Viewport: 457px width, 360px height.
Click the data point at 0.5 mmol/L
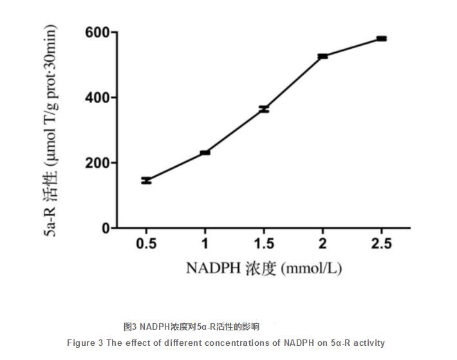(146, 180)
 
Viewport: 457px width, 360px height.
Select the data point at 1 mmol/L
(205, 153)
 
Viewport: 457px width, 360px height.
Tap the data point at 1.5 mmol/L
(264, 109)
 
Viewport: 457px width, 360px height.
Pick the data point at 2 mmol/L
(322, 56)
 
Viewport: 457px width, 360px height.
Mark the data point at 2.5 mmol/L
(382, 39)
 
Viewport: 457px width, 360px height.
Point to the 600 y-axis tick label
(97, 32)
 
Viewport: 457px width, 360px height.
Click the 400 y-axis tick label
(97, 98)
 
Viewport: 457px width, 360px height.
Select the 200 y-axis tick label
(97, 163)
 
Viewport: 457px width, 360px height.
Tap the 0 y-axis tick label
(104, 229)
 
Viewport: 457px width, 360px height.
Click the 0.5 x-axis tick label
(146, 243)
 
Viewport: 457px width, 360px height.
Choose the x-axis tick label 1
(205, 243)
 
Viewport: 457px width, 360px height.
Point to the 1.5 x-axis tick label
(264, 243)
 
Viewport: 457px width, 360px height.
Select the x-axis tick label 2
(322, 243)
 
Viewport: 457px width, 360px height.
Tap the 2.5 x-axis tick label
(382, 243)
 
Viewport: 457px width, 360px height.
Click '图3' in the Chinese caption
(130, 327)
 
